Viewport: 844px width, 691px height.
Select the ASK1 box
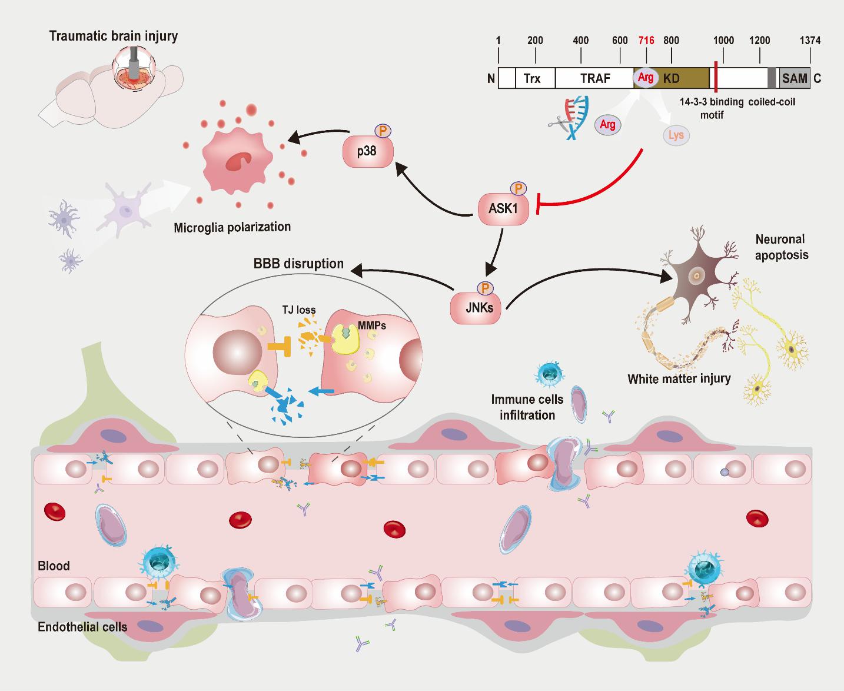503,208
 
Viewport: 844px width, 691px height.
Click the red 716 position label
646,41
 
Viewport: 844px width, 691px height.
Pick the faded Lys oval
676,135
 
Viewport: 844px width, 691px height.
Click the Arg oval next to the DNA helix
607,125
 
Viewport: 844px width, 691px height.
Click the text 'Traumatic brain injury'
114,36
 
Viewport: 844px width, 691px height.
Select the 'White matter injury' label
679,378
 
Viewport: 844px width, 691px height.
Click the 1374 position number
810,41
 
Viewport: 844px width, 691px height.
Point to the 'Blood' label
54,566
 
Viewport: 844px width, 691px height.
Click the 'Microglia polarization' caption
232,227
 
